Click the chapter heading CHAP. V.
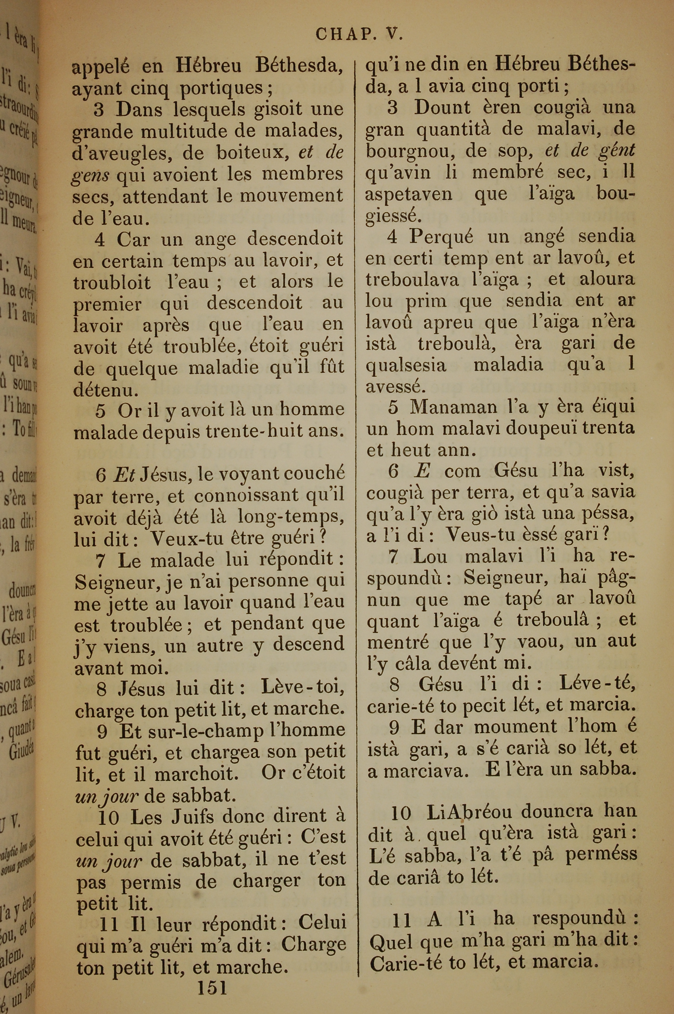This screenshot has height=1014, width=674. tap(359, 34)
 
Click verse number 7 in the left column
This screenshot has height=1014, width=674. tap(100, 561)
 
